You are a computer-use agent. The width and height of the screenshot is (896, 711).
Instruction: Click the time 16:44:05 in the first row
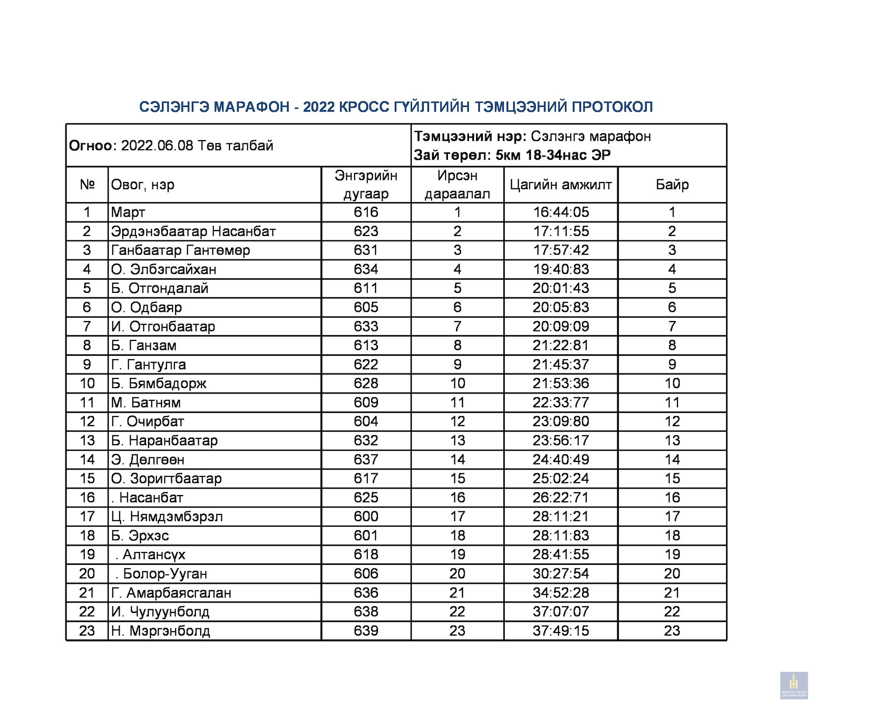point(561,212)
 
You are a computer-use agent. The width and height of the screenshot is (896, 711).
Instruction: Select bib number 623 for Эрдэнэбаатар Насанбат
point(366,231)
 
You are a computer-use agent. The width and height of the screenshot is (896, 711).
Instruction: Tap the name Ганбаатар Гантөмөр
point(180,251)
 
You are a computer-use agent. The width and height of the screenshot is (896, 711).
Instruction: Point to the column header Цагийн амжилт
point(560,185)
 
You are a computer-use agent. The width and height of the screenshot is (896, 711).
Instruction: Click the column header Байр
point(672,185)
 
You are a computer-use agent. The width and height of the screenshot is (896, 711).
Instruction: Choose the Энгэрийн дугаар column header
point(366,185)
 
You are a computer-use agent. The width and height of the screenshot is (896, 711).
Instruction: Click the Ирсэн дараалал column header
point(457,185)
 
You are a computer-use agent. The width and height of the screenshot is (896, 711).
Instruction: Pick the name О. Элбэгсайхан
point(163,270)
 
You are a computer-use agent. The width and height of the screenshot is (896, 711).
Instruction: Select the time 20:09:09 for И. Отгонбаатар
point(561,327)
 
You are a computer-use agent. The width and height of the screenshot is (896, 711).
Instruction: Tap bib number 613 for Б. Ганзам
point(366,346)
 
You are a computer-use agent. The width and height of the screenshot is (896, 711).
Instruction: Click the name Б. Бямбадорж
point(159,383)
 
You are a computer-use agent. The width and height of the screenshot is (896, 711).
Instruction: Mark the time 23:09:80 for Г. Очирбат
point(561,422)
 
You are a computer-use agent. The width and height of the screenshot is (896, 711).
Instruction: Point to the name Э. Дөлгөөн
point(147,460)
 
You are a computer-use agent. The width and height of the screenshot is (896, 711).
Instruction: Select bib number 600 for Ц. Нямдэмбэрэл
point(366,517)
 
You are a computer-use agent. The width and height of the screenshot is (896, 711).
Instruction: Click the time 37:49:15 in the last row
point(561,631)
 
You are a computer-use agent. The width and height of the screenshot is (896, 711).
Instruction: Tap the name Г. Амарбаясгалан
point(171,593)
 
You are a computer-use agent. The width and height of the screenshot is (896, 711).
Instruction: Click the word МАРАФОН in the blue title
point(252,107)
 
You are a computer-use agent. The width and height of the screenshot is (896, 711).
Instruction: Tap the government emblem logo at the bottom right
point(794,685)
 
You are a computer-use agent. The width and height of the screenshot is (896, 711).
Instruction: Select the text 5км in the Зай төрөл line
point(508,155)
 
